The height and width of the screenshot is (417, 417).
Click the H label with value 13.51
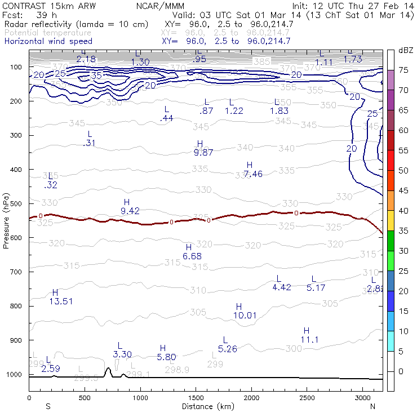click(x=55, y=297)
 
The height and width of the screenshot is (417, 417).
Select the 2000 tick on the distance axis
click(x=251, y=398)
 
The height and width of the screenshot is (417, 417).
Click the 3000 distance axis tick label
click(x=362, y=398)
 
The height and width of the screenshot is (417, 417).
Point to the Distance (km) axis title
click(x=206, y=406)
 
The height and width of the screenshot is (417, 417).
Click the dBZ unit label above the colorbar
click(x=406, y=50)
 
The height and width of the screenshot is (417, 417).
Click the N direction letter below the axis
click(x=372, y=406)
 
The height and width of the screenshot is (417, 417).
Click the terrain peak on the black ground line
click(x=108, y=369)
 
